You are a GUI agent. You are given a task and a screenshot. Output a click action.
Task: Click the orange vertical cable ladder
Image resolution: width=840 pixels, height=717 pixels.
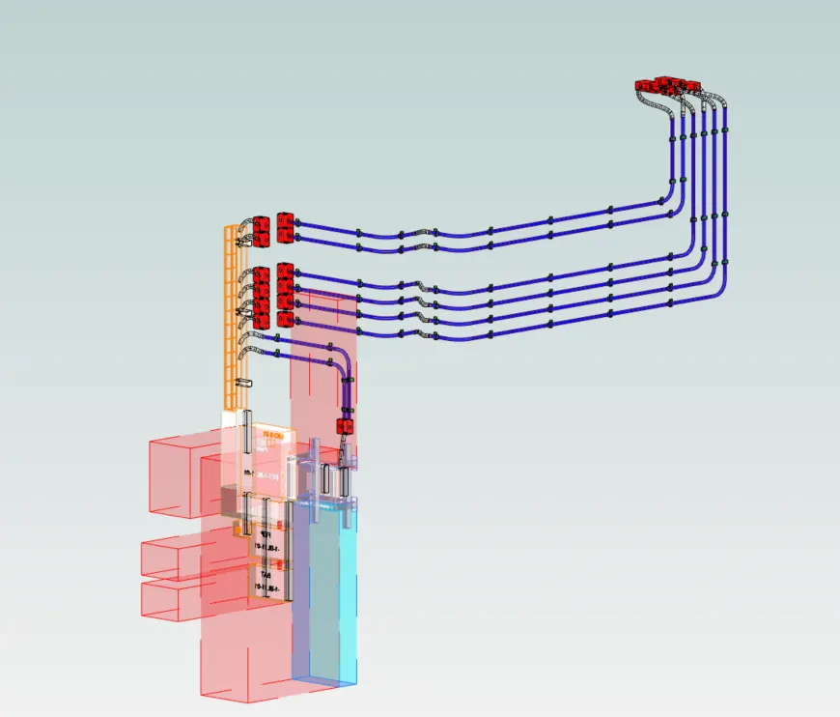click(230, 319)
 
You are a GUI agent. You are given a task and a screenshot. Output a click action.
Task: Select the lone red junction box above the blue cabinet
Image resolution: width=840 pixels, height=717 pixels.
click(343, 425)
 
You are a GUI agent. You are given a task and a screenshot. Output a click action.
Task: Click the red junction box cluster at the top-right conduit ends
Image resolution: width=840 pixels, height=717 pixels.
click(666, 84)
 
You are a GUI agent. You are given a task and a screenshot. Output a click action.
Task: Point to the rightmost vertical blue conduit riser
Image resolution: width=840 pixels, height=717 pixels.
click(725, 193)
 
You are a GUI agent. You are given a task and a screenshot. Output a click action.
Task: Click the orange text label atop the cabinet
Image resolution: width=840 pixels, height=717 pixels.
click(273, 437)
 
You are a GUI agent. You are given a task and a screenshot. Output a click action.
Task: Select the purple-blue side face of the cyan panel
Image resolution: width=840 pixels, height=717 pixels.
click(308, 589)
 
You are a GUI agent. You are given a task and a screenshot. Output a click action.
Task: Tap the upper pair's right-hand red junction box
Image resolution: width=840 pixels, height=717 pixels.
click(284, 228)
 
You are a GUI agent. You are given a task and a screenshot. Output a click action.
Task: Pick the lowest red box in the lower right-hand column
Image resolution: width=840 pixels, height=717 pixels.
click(284, 319)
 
